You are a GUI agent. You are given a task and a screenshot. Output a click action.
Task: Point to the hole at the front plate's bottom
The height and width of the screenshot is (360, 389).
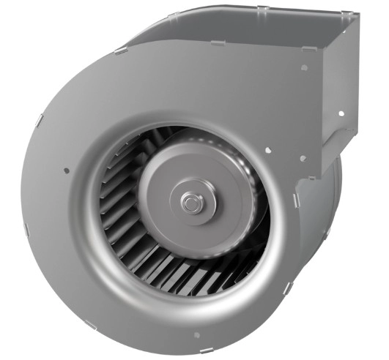click(196, 335)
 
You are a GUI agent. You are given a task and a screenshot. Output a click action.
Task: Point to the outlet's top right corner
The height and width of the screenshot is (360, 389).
click(357, 16)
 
